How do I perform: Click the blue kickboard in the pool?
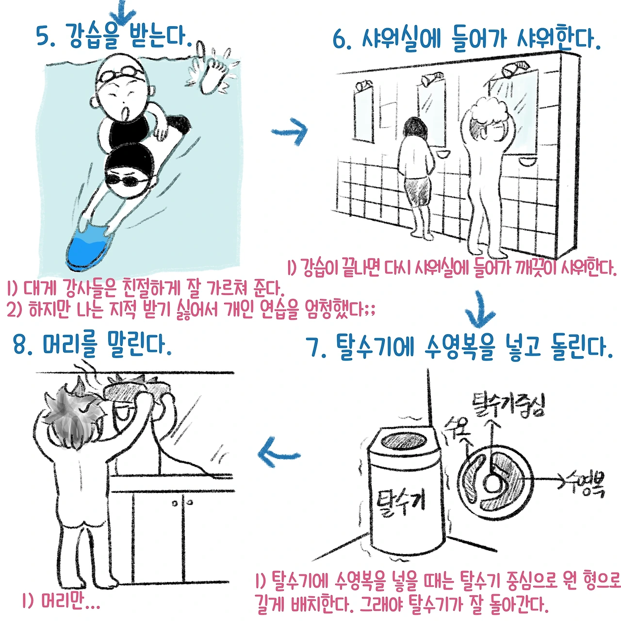(90, 247)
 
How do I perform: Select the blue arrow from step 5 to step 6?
(289, 131)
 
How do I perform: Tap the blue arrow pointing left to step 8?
(278, 453)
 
